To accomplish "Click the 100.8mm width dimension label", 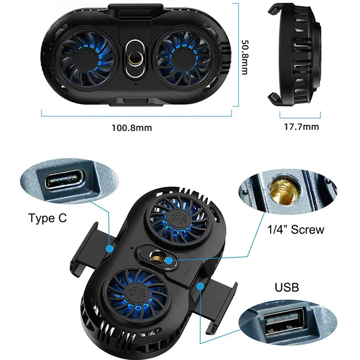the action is (132, 128).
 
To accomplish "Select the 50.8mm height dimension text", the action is (245, 58).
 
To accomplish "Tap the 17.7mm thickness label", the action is (301, 127).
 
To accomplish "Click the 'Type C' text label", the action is (48, 218).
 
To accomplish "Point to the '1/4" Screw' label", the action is (296, 229).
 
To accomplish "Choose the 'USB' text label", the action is (287, 287).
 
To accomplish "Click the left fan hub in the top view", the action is (86, 59).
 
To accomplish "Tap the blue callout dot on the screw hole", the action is (169, 261).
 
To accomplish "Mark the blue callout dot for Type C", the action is (110, 248).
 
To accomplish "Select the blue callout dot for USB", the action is (200, 286).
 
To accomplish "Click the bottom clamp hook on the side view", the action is (274, 99).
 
